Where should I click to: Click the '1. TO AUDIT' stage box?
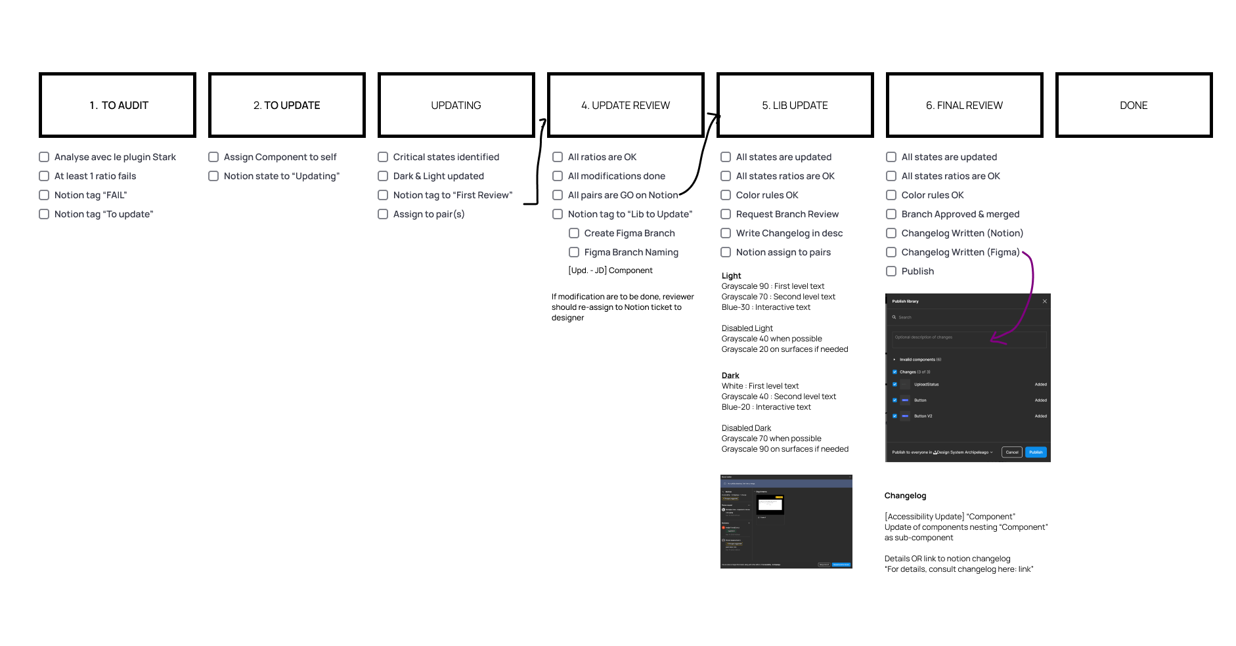pyautogui.click(x=118, y=105)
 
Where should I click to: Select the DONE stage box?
pyautogui.click(x=1134, y=105)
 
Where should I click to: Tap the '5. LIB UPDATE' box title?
pyautogui.click(x=795, y=105)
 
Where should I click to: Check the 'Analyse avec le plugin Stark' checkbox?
pyautogui.click(x=44, y=157)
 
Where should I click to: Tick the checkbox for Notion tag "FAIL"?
pyautogui.click(x=44, y=195)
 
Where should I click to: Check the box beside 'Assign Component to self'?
pyautogui.click(x=213, y=157)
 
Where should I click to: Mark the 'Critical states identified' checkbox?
pyautogui.click(x=383, y=157)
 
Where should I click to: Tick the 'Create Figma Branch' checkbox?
pyautogui.click(x=574, y=233)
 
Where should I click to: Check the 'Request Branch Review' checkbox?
pyautogui.click(x=726, y=214)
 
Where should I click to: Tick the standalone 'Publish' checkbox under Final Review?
pyautogui.click(x=891, y=271)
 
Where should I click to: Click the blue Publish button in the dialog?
pyautogui.click(x=1036, y=452)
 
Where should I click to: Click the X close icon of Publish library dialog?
pyautogui.click(x=1045, y=301)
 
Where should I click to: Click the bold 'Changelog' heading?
pyautogui.click(x=905, y=496)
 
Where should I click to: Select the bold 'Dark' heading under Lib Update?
pyautogui.click(x=730, y=376)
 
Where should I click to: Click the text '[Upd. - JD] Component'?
pyautogui.click(x=610, y=270)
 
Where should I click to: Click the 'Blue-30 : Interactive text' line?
pyautogui.click(x=766, y=307)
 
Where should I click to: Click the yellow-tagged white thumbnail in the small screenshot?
pyautogui.click(x=770, y=504)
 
